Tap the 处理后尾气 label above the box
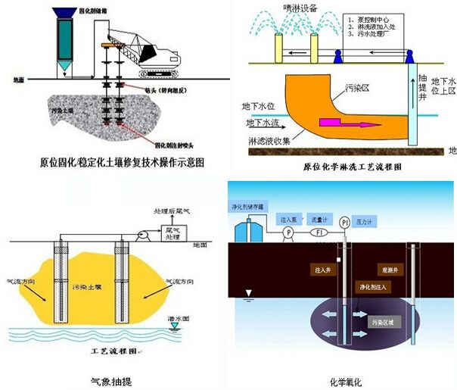point(172,211)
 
